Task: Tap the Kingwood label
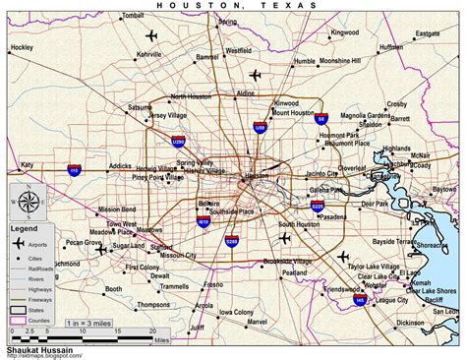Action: [x=344, y=32]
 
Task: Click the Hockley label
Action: [x=21, y=47]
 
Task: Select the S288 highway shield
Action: [x=232, y=241]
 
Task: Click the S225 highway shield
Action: [x=317, y=207]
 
